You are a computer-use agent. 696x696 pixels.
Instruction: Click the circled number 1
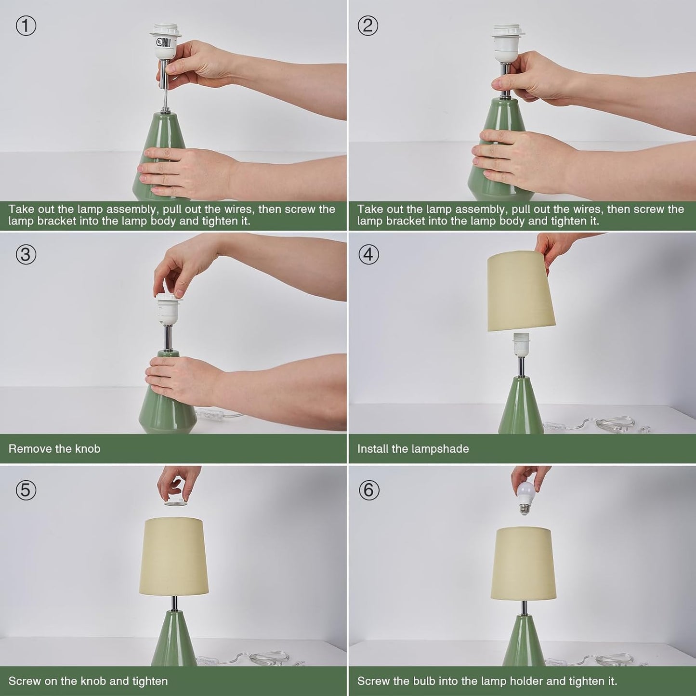26,26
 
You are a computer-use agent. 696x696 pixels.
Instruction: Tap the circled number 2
368,26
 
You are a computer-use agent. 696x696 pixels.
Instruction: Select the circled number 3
26,255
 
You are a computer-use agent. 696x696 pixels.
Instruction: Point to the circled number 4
368,255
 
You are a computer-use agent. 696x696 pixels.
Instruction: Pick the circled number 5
26,490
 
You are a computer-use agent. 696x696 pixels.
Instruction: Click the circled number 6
368,490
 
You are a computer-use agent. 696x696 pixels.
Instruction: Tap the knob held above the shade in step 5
176,501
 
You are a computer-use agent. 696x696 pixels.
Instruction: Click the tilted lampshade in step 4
521,292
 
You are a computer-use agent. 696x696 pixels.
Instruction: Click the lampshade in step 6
523,563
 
